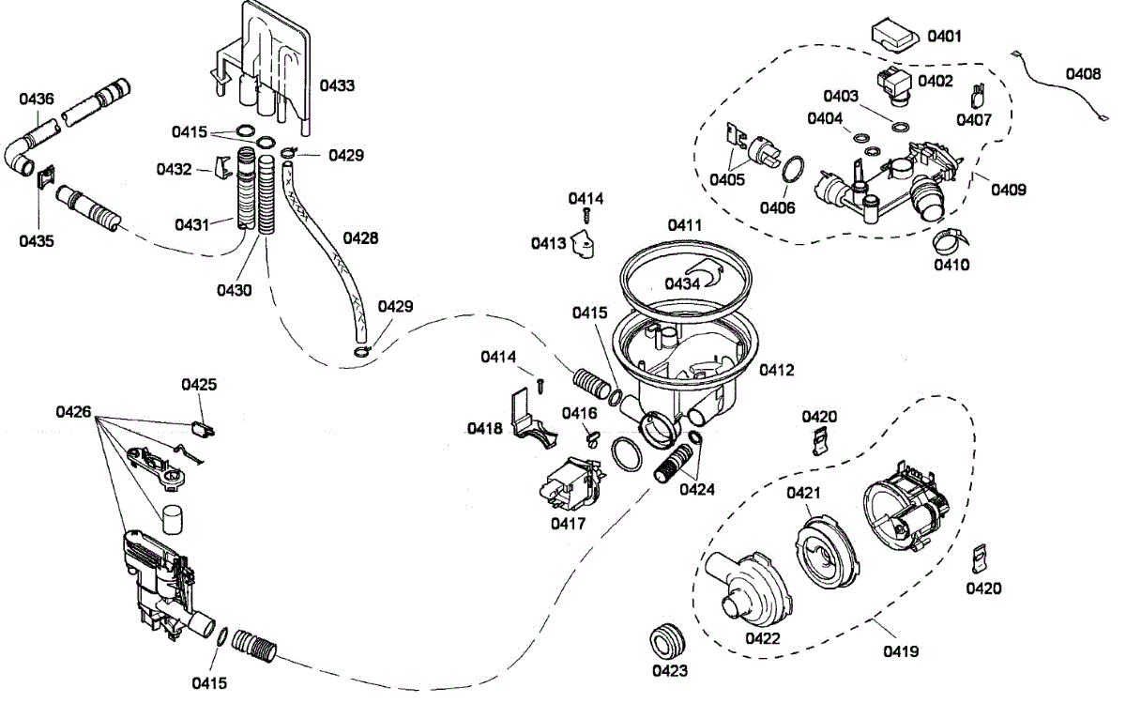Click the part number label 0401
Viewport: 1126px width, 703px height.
[x=944, y=37]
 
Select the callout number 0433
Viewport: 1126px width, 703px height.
[x=337, y=85]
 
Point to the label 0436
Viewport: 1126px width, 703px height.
[x=36, y=98]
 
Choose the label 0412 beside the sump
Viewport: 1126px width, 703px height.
[x=777, y=370]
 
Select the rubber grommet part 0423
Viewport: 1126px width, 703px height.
[x=669, y=643]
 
